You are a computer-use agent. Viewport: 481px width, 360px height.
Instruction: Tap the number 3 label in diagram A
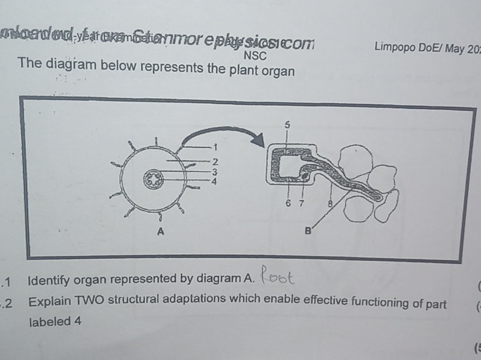pos(214,172)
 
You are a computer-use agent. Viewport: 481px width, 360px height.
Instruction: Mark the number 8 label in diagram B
pos(329,202)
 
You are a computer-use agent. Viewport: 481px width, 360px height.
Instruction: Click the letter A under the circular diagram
pos(160,231)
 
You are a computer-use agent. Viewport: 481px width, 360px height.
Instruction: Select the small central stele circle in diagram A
pos(153,180)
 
